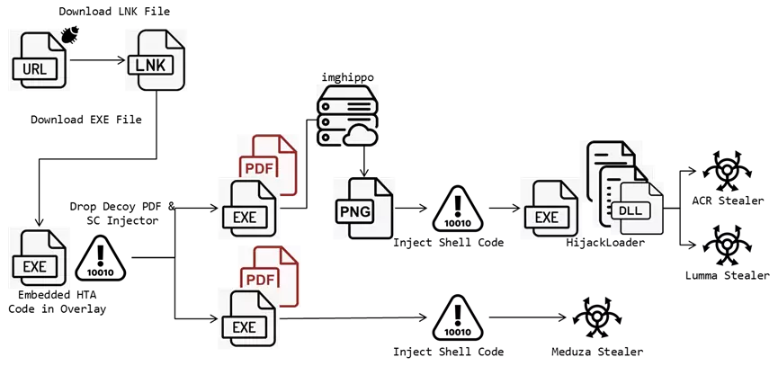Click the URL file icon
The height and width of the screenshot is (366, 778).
point(39,61)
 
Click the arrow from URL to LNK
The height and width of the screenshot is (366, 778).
point(98,60)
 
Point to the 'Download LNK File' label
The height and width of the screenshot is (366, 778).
point(114,12)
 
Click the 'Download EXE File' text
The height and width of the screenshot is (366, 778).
point(86,120)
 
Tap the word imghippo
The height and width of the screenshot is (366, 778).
point(347,78)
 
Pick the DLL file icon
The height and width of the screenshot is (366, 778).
point(635,209)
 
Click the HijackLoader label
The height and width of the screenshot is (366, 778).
point(605,242)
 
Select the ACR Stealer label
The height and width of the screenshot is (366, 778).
point(728,201)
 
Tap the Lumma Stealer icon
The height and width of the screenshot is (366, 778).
point(727,246)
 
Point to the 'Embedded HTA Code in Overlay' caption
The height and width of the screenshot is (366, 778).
point(58,302)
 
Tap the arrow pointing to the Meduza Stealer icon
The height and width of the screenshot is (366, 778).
point(528,317)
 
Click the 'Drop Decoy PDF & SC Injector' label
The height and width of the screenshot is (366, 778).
point(122,213)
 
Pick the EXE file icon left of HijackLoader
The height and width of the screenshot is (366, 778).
point(546,210)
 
